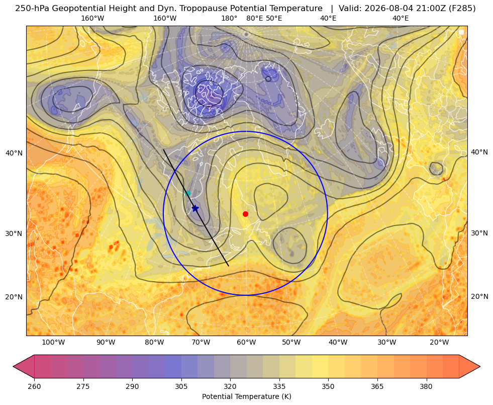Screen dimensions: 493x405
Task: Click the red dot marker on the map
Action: [x=246, y=214]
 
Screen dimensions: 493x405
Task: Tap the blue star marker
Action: [x=195, y=208]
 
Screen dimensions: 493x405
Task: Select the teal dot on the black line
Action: [x=188, y=193]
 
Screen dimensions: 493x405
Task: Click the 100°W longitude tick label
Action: [x=53, y=343]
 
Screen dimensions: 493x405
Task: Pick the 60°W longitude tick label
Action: [x=246, y=343]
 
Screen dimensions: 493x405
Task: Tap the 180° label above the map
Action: [x=229, y=18]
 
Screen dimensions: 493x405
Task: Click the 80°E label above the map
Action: [x=255, y=18]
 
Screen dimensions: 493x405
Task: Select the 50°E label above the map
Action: [x=274, y=18]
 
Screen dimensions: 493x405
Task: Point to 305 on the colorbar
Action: [x=181, y=386]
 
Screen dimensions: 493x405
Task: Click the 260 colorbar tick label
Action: [x=34, y=386]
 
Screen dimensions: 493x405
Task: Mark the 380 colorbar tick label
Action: [x=426, y=386]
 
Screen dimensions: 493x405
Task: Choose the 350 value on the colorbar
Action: [x=328, y=386]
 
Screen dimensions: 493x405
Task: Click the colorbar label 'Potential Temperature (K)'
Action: [x=246, y=396]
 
